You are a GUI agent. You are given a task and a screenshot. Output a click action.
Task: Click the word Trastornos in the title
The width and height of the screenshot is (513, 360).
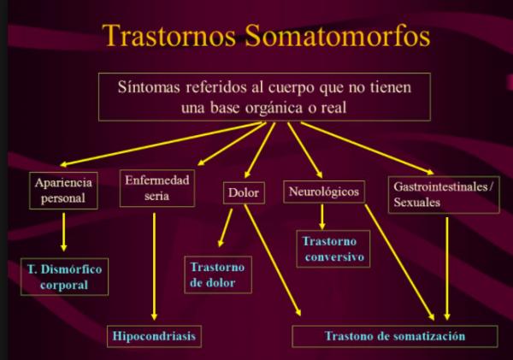point(168,35)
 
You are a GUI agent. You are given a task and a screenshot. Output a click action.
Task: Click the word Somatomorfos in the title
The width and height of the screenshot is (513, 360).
point(338,35)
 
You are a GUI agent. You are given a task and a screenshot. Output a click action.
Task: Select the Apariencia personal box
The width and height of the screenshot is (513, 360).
point(63,191)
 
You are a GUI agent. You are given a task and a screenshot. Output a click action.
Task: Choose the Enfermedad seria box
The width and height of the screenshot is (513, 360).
point(157,188)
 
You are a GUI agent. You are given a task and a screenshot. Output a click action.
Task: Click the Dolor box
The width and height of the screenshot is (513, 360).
point(244,192)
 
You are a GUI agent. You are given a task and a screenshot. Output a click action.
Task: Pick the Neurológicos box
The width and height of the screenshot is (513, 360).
point(324,192)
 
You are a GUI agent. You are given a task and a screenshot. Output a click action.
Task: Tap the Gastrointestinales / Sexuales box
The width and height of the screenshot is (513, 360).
point(444,195)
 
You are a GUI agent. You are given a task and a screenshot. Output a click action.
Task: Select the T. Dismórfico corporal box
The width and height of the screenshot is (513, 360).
point(64,277)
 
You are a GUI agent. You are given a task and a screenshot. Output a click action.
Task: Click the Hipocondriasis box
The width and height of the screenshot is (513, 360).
point(154,336)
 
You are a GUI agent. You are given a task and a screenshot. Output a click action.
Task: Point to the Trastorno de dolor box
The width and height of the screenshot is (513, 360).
point(218,274)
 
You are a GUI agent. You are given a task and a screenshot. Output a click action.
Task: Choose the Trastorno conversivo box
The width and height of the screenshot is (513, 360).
point(333,249)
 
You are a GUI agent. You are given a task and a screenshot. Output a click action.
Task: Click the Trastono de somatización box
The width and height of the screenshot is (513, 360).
point(395,336)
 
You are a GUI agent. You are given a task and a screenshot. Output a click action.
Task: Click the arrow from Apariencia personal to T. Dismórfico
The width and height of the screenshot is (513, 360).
point(64,232)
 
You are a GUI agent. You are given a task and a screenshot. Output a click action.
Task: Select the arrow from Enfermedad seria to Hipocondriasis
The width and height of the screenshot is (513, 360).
point(154,267)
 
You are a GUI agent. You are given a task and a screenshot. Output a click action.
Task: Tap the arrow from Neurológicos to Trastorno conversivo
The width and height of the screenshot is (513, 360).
point(322,217)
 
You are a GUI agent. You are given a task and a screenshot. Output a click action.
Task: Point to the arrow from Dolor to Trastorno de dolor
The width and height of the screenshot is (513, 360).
point(225,227)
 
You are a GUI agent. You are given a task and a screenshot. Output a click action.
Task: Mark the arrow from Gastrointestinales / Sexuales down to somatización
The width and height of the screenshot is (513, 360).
point(447,269)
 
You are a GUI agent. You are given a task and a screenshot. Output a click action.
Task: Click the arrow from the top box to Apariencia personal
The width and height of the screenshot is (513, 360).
point(162,145)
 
